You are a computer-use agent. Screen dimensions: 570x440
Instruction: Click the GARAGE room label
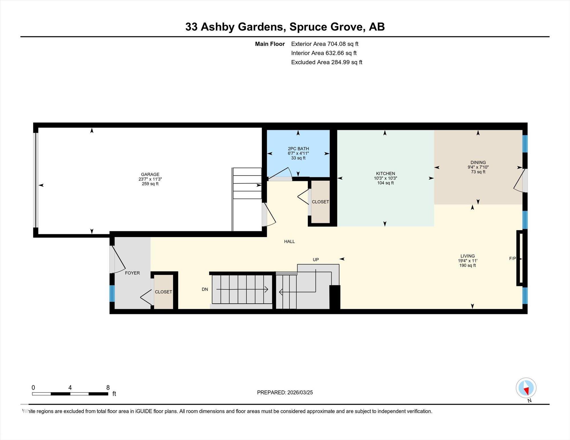(150, 174)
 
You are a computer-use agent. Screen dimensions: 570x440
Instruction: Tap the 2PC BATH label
(298, 149)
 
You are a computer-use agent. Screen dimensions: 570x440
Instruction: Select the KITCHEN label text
(386, 173)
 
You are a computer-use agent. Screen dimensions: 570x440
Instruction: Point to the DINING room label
(478, 163)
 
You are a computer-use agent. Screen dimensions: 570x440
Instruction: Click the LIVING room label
(468, 256)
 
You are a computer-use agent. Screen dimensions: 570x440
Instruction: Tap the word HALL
(290, 242)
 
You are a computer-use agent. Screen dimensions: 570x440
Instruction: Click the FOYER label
(133, 273)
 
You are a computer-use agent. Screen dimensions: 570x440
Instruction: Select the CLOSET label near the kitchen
(320, 202)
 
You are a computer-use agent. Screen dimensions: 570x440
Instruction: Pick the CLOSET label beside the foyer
(164, 292)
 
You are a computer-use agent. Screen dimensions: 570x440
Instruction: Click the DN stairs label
(205, 289)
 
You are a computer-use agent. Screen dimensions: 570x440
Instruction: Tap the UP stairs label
(316, 260)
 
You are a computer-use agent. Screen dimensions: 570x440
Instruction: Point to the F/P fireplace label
(513, 259)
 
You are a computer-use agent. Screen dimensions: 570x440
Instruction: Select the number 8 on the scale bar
(108, 387)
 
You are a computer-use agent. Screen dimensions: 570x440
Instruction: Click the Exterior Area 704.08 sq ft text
(325, 44)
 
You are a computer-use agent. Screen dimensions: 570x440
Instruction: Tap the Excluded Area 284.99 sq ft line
(327, 62)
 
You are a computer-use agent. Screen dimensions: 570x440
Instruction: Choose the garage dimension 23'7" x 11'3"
(150, 179)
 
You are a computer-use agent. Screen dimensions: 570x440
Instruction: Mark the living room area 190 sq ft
(468, 265)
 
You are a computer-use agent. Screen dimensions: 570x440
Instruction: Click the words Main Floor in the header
(270, 44)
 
